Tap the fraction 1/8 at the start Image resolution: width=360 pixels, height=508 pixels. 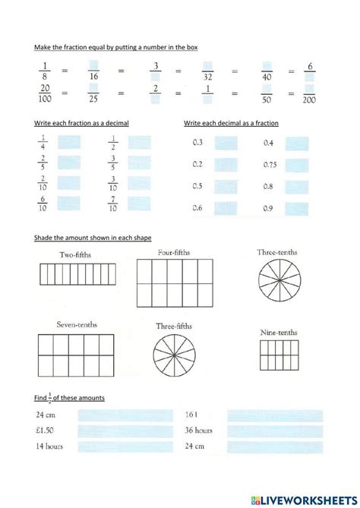point(44,73)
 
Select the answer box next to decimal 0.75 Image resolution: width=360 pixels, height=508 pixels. point(297,164)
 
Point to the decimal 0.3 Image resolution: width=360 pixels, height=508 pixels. point(197,143)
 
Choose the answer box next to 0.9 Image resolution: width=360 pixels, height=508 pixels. point(297,208)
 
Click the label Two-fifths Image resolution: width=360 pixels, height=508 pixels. point(73,256)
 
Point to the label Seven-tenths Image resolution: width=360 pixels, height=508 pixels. point(77,325)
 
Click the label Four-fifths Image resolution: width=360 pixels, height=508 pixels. point(173,252)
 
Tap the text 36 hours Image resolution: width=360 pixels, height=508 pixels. point(198,431)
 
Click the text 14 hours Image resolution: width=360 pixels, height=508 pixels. point(49,446)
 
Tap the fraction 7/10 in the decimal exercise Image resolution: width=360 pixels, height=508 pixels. point(112,204)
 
